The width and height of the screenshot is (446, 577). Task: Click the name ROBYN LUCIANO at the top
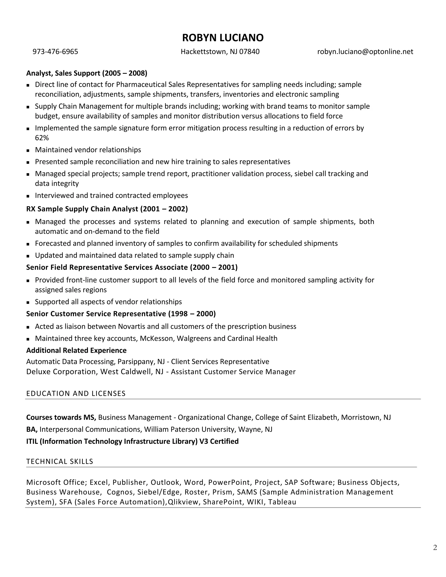click(x=223, y=38)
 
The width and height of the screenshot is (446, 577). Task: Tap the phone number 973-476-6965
click(x=55, y=52)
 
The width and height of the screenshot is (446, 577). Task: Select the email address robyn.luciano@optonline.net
click(x=365, y=52)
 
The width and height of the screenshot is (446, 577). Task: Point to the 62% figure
click(x=42, y=138)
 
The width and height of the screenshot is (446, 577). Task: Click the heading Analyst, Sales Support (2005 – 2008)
click(x=87, y=73)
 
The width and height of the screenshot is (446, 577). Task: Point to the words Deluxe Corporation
click(x=62, y=372)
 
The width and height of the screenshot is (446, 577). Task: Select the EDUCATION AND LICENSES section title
click(x=76, y=393)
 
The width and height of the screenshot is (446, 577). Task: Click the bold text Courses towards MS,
click(x=61, y=417)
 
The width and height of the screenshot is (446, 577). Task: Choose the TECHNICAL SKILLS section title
click(x=60, y=461)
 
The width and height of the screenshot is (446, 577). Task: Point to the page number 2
click(x=435, y=547)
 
